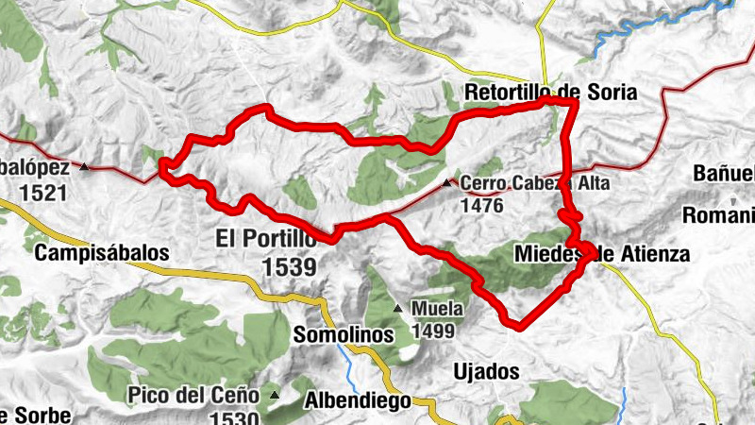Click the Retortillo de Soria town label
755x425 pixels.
(551, 93)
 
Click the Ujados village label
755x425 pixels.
(487, 371)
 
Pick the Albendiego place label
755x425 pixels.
(358, 400)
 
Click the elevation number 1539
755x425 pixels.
(290, 267)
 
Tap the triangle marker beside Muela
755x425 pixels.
(397, 308)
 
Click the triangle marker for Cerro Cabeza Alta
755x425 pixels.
(446, 183)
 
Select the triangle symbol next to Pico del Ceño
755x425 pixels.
(275, 394)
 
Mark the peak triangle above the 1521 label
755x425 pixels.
(85, 168)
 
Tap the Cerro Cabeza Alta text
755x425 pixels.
(535, 183)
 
